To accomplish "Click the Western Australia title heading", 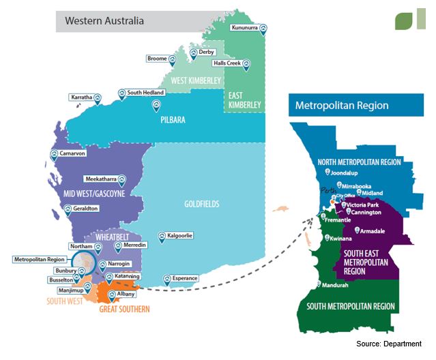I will (104, 20).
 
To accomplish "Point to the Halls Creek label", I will (227, 63).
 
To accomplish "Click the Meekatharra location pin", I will (121, 180).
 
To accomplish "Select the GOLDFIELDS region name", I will (203, 204).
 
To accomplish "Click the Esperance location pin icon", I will (166, 279).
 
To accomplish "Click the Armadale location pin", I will (358, 232).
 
